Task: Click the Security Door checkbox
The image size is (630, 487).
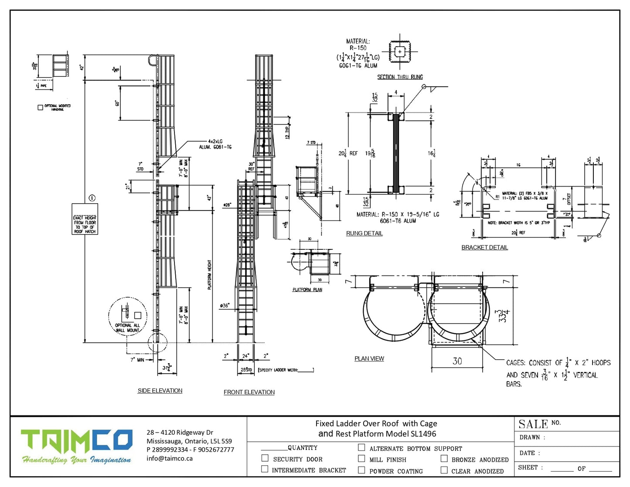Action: point(265,458)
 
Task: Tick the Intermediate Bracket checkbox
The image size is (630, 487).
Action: point(265,469)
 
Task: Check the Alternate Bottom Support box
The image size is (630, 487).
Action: point(361,447)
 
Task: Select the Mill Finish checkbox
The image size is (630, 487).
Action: point(361,458)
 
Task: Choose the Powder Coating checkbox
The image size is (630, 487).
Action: point(361,470)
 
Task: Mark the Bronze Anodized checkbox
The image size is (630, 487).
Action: point(444,458)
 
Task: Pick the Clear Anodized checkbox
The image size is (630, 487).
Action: point(444,470)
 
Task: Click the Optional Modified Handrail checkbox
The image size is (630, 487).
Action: point(41,107)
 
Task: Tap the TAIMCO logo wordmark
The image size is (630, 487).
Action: point(77,441)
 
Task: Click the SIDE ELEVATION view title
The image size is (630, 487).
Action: point(160,391)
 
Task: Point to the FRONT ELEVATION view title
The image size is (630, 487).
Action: point(249,392)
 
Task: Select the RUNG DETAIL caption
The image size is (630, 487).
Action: point(364,233)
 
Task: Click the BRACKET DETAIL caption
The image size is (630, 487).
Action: point(484,247)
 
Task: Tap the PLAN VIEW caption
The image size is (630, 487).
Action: point(369,358)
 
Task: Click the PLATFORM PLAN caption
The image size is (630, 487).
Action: point(307,289)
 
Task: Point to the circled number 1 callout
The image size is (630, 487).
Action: point(92,198)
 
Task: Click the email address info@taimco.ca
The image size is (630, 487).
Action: point(170,458)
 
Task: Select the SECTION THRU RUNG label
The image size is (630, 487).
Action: point(400,77)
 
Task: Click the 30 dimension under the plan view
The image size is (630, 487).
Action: point(457,361)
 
